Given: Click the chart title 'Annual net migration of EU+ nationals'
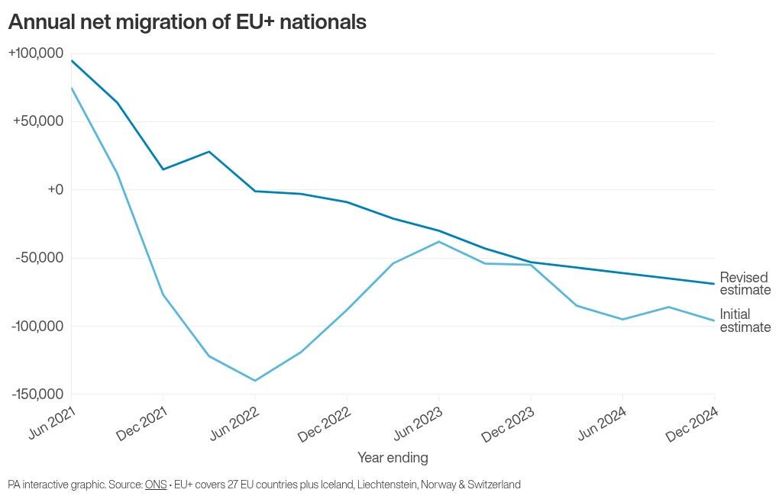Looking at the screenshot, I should click(187, 23).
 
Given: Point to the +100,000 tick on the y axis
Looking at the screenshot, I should click(36, 53).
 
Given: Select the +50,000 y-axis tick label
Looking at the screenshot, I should click(38, 121).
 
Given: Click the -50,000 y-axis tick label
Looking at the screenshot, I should click(40, 258).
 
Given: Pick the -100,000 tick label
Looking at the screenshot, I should click(37, 326).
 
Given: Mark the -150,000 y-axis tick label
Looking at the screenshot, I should click(37, 394).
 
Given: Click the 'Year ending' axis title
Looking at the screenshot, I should click(393, 458).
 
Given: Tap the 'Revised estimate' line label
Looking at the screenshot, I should click(745, 283).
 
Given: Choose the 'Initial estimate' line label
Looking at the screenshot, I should click(745, 320).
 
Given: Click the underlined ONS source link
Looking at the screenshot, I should click(156, 485).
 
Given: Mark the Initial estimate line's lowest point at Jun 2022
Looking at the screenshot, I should click(254, 381).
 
